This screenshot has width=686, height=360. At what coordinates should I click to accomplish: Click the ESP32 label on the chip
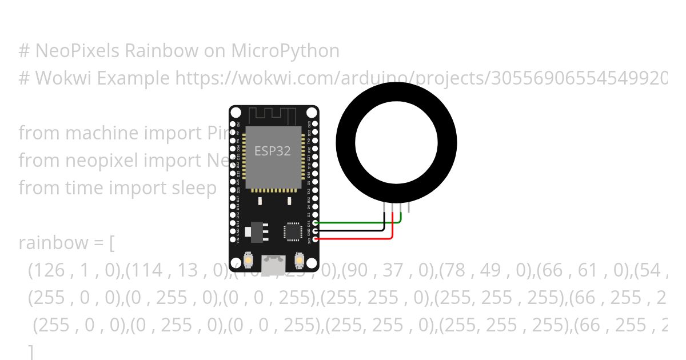(x=273, y=151)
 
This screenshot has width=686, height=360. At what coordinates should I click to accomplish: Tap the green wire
(x=360, y=223)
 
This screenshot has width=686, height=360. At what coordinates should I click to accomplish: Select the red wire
(x=360, y=238)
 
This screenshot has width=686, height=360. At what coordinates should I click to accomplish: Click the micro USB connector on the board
(x=273, y=263)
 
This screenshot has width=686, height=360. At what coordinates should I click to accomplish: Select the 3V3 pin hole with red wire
(x=316, y=239)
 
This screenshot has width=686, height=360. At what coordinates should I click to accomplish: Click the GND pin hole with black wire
(x=316, y=231)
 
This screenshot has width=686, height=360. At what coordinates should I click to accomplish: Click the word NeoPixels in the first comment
(x=78, y=51)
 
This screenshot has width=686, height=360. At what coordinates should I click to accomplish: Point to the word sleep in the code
(x=191, y=187)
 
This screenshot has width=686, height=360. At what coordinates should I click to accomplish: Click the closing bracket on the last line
(x=31, y=352)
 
